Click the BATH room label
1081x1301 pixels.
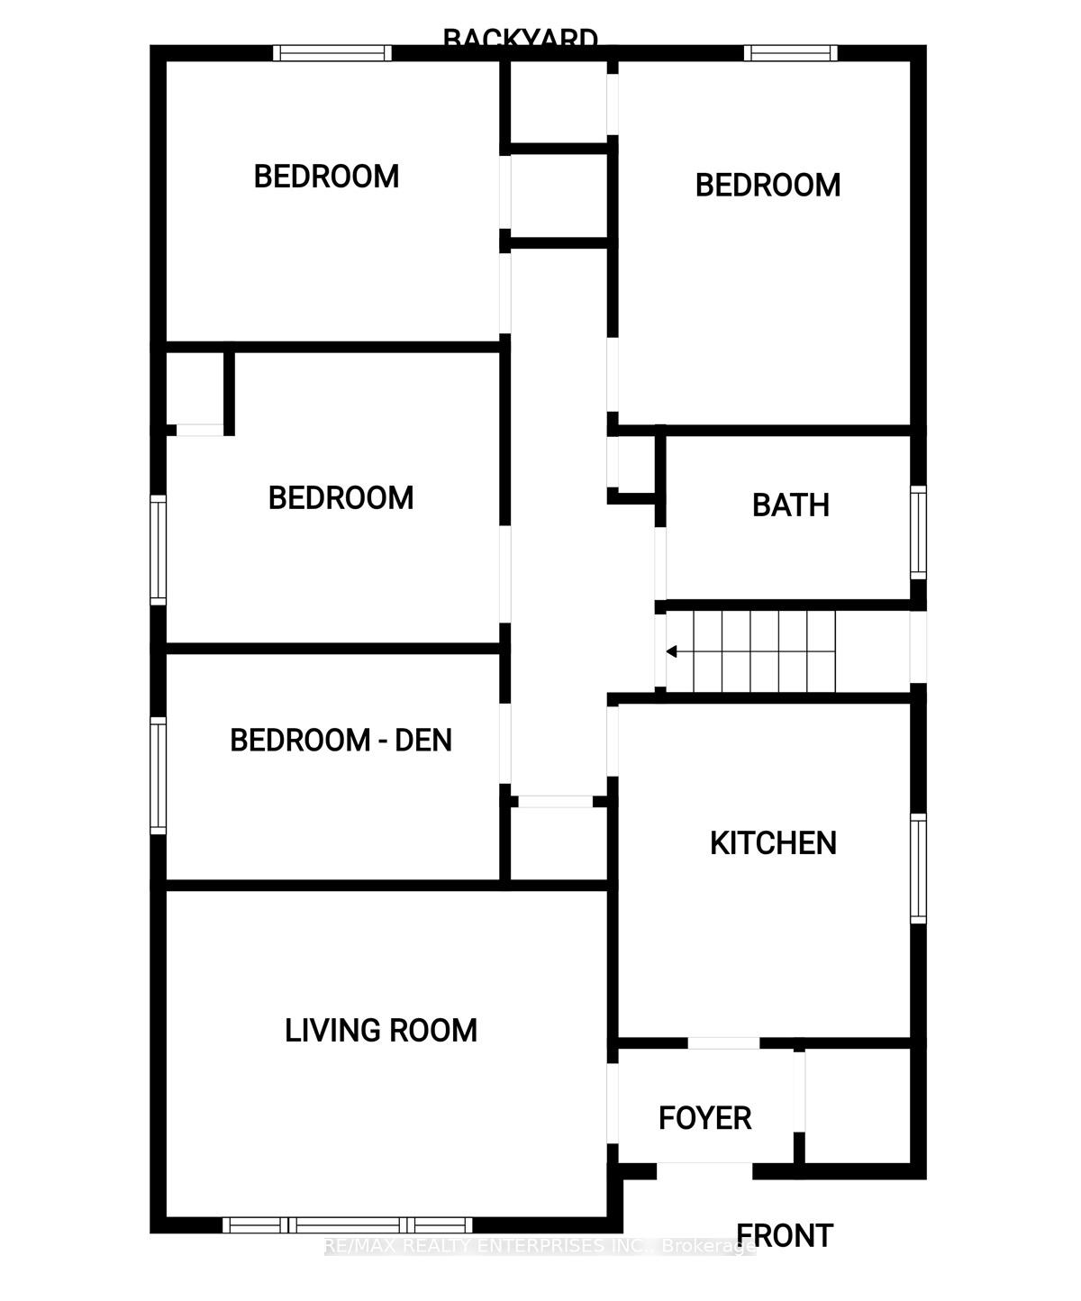click(790, 505)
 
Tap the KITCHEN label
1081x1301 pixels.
click(773, 843)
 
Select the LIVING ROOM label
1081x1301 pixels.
click(380, 1031)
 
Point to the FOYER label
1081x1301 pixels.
click(704, 1118)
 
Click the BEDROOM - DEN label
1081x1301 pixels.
click(341, 741)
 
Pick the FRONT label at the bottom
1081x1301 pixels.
click(785, 1236)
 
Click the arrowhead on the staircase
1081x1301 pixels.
click(672, 652)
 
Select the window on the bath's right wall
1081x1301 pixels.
click(918, 532)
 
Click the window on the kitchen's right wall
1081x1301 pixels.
click(918, 868)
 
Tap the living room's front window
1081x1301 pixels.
click(347, 1224)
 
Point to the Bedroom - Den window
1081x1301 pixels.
click(158, 775)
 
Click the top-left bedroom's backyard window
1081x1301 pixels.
click(332, 53)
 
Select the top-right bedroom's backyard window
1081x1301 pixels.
click(790, 53)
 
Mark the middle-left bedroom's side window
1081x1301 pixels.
click(158, 550)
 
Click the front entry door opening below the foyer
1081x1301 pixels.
click(704, 1171)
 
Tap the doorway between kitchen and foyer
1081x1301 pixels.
click(723, 1043)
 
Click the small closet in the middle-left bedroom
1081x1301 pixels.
click(195, 388)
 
